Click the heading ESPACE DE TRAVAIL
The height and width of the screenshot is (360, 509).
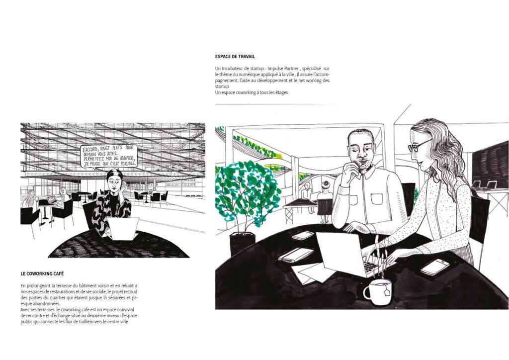[x=235, y=57]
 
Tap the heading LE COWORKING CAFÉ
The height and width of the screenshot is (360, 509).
[x=42, y=273]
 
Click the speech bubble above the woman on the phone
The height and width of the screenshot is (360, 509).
[x=109, y=156]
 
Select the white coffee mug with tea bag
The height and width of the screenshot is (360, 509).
[x=378, y=291]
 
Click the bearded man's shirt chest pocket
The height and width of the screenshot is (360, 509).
[x=377, y=198]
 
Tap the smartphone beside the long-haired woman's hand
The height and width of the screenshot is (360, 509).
[x=434, y=267]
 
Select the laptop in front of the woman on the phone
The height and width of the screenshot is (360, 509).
[x=123, y=229]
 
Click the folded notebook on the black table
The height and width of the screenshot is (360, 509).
[x=296, y=255]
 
